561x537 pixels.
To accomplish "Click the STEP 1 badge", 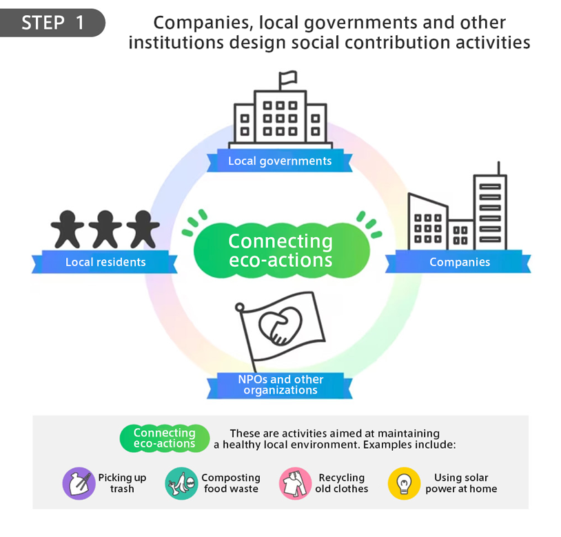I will [54, 23].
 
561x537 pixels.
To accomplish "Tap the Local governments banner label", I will [280, 161].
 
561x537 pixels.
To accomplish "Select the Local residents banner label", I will [105, 262].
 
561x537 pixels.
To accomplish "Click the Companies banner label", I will [459, 262].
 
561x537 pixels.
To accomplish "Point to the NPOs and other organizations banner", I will [280, 385].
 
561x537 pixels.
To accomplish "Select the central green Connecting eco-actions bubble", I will [280, 250].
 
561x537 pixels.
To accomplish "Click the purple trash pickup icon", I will [79, 483].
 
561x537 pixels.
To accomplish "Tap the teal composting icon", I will [181, 483].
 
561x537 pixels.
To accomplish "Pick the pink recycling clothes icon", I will [296, 483].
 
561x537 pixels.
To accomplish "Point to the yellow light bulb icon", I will [405, 483].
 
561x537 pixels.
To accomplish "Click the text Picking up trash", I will [122, 483].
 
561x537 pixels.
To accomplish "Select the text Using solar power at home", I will [461, 483].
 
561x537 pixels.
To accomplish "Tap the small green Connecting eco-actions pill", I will [164, 438].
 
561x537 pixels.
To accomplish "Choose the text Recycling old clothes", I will [342, 483].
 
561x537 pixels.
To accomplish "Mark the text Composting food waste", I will [231, 483].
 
